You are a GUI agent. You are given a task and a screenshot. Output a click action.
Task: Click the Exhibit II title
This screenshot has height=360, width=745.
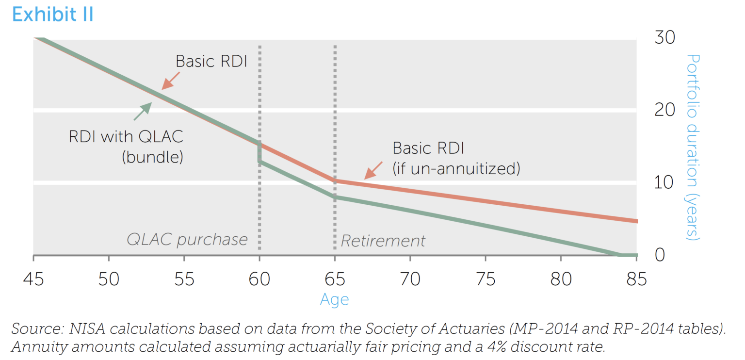pyautogui.click(x=52, y=15)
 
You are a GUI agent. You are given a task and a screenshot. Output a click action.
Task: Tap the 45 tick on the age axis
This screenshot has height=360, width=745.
pyautogui.click(x=33, y=279)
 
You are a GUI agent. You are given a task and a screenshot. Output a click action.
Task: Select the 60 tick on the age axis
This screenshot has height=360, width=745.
pyautogui.click(x=259, y=279)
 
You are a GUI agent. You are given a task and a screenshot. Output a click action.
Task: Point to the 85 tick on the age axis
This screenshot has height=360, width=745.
pyautogui.click(x=637, y=279)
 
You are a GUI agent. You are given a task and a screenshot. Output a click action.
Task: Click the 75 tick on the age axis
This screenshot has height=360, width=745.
pyautogui.click(x=486, y=279)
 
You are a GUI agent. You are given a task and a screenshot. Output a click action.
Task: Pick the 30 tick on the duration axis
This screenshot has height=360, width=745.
pyautogui.click(x=664, y=37)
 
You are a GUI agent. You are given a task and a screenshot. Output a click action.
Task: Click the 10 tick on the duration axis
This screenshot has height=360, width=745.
pyautogui.click(x=664, y=182)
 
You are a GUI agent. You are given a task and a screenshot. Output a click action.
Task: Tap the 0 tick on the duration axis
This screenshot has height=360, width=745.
pyautogui.click(x=660, y=255)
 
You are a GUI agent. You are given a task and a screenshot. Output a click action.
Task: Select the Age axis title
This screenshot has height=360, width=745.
pyautogui.click(x=334, y=299)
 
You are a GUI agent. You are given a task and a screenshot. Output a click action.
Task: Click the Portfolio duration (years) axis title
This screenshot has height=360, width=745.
pyautogui.click(x=692, y=147)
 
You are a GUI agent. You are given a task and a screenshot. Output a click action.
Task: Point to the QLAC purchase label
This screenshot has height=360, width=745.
pyautogui.click(x=187, y=240)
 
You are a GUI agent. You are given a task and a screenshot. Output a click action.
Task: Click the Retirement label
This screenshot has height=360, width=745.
pyautogui.click(x=383, y=241)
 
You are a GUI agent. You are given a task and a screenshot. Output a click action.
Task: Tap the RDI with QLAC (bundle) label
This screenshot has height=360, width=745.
pyautogui.click(x=126, y=147)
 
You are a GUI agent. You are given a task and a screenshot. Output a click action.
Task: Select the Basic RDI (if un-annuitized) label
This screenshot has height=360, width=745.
pyautogui.click(x=456, y=158)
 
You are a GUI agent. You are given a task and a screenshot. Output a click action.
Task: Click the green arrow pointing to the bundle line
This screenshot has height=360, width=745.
pyautogui.click(x=142, y=111)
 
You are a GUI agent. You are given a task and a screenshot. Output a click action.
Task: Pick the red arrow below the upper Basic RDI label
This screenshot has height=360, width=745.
pyautogui.click(x=170, y=81)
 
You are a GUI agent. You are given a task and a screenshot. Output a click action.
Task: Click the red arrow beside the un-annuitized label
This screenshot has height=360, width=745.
pyautogui.click(x=374, y=170)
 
